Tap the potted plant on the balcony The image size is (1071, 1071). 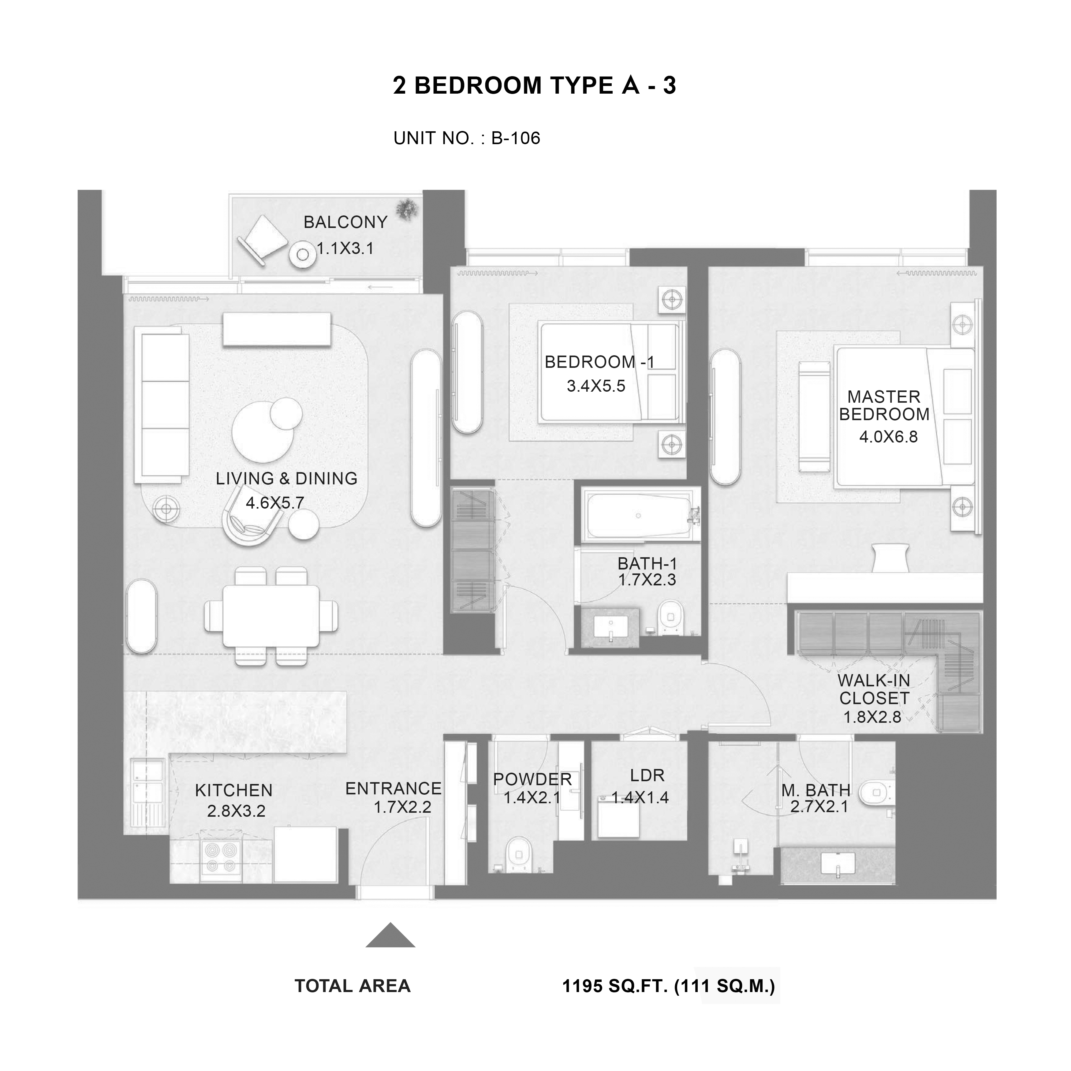point(408,209)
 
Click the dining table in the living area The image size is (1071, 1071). point(271,616)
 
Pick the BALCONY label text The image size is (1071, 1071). point(345,222)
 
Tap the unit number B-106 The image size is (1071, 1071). point(516,138)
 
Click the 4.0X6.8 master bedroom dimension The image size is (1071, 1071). point(889,437)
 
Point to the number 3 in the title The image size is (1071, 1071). point(670,85)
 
